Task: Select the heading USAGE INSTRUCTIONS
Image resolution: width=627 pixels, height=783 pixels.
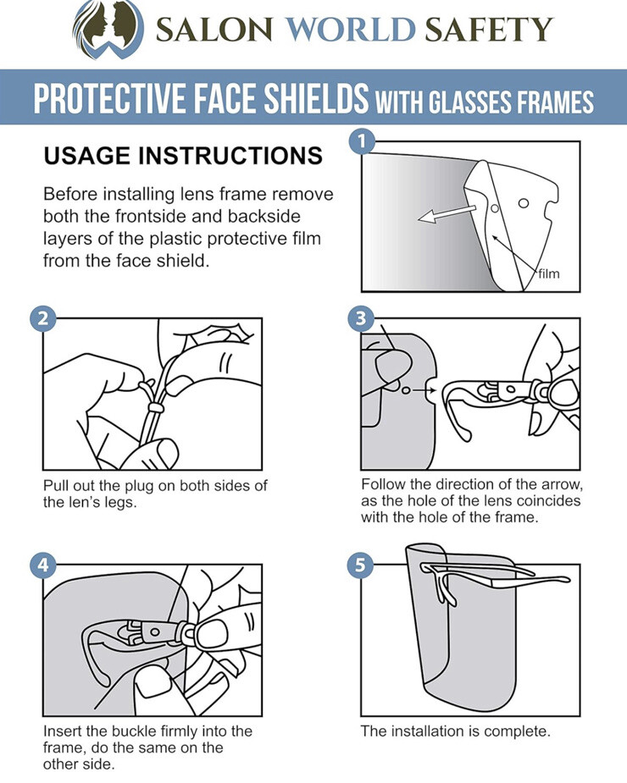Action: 182,156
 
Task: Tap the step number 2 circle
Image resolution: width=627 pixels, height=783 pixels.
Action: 42,319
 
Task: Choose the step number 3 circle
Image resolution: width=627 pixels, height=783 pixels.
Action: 362,319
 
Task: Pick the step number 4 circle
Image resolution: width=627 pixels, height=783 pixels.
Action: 42,565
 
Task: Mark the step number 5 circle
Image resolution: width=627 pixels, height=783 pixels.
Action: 362,565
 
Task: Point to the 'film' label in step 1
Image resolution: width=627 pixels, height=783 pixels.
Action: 548,273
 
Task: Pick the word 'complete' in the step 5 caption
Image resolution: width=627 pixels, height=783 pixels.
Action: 515,731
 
